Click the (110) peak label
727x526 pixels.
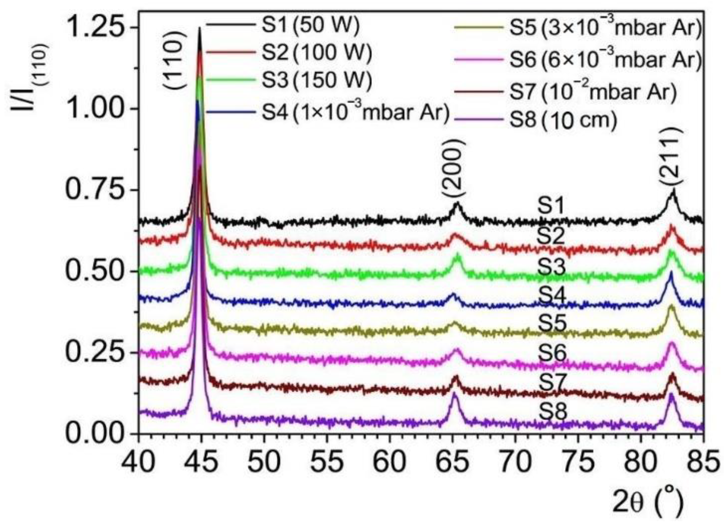(175, 62)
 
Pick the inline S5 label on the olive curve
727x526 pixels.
(551, 324)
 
